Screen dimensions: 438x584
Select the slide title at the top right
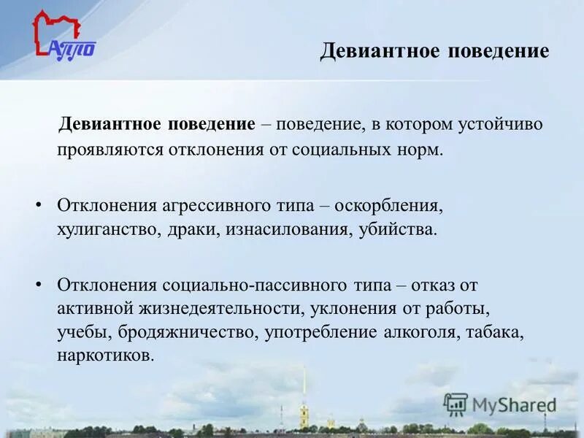point(434,51)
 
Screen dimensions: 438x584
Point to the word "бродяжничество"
point(182,334)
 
